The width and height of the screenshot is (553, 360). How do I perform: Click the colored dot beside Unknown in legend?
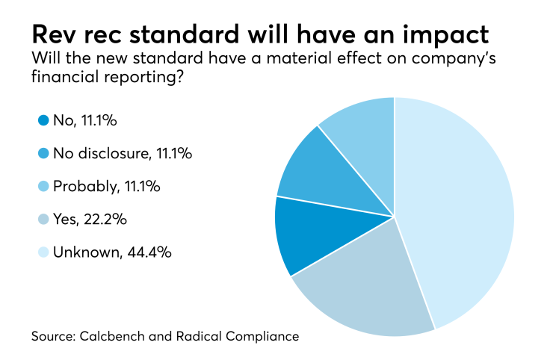(43, 252)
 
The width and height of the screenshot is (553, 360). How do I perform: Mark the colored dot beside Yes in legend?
(43, 220)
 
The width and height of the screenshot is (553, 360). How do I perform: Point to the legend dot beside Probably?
(43, 186)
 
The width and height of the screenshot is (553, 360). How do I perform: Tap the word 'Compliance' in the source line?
(262, 337)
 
